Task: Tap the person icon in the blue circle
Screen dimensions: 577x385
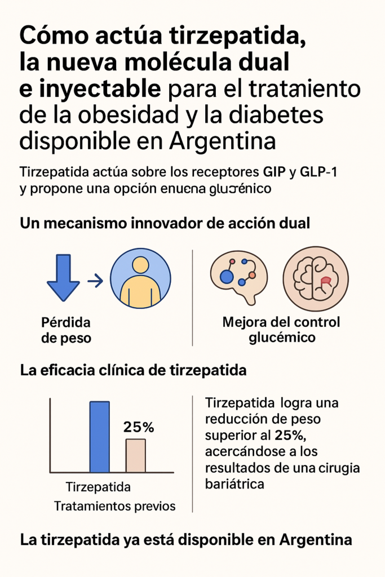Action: point(140,278)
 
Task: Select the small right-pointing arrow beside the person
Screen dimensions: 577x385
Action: point(95,279)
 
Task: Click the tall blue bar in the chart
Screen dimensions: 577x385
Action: point(100,436)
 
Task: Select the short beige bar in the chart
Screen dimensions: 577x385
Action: point(135,455)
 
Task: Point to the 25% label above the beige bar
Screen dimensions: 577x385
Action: point(139,428)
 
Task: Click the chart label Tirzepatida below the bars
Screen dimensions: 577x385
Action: point(99,486)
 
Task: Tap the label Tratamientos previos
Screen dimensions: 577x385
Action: point(114,505)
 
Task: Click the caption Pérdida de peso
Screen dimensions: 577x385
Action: point(67,331)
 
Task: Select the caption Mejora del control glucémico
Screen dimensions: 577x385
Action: point(281,330)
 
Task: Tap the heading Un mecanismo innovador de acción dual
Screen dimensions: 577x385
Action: point(165,223)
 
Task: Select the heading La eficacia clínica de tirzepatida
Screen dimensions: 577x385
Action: point(132,371)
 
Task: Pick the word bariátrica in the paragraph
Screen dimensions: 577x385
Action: point(235,483)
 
